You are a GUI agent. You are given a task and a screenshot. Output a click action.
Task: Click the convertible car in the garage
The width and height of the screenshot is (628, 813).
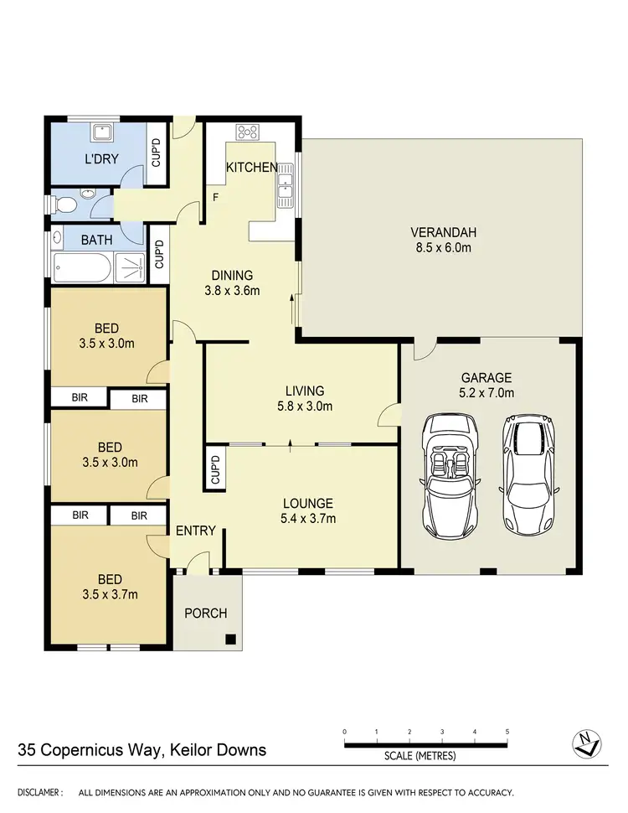pos(451,476)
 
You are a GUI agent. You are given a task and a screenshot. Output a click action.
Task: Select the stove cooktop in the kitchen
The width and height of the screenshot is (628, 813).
pos(248,132)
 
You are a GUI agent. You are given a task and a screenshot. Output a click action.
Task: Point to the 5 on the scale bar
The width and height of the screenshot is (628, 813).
pos(507,732)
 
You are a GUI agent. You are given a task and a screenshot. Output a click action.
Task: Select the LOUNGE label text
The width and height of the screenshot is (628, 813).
pos(307,504)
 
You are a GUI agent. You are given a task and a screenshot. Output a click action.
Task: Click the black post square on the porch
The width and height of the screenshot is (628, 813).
pos(230,640)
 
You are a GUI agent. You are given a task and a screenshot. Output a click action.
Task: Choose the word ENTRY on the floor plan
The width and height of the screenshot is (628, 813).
pos(196,531)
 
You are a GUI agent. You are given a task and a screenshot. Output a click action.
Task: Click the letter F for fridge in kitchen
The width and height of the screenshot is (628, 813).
pos(215,199)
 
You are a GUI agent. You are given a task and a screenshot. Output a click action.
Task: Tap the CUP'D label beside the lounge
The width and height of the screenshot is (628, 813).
pos(214,469)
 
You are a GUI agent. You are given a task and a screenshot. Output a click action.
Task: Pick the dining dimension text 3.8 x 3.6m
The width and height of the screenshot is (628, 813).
pos(232,291)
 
